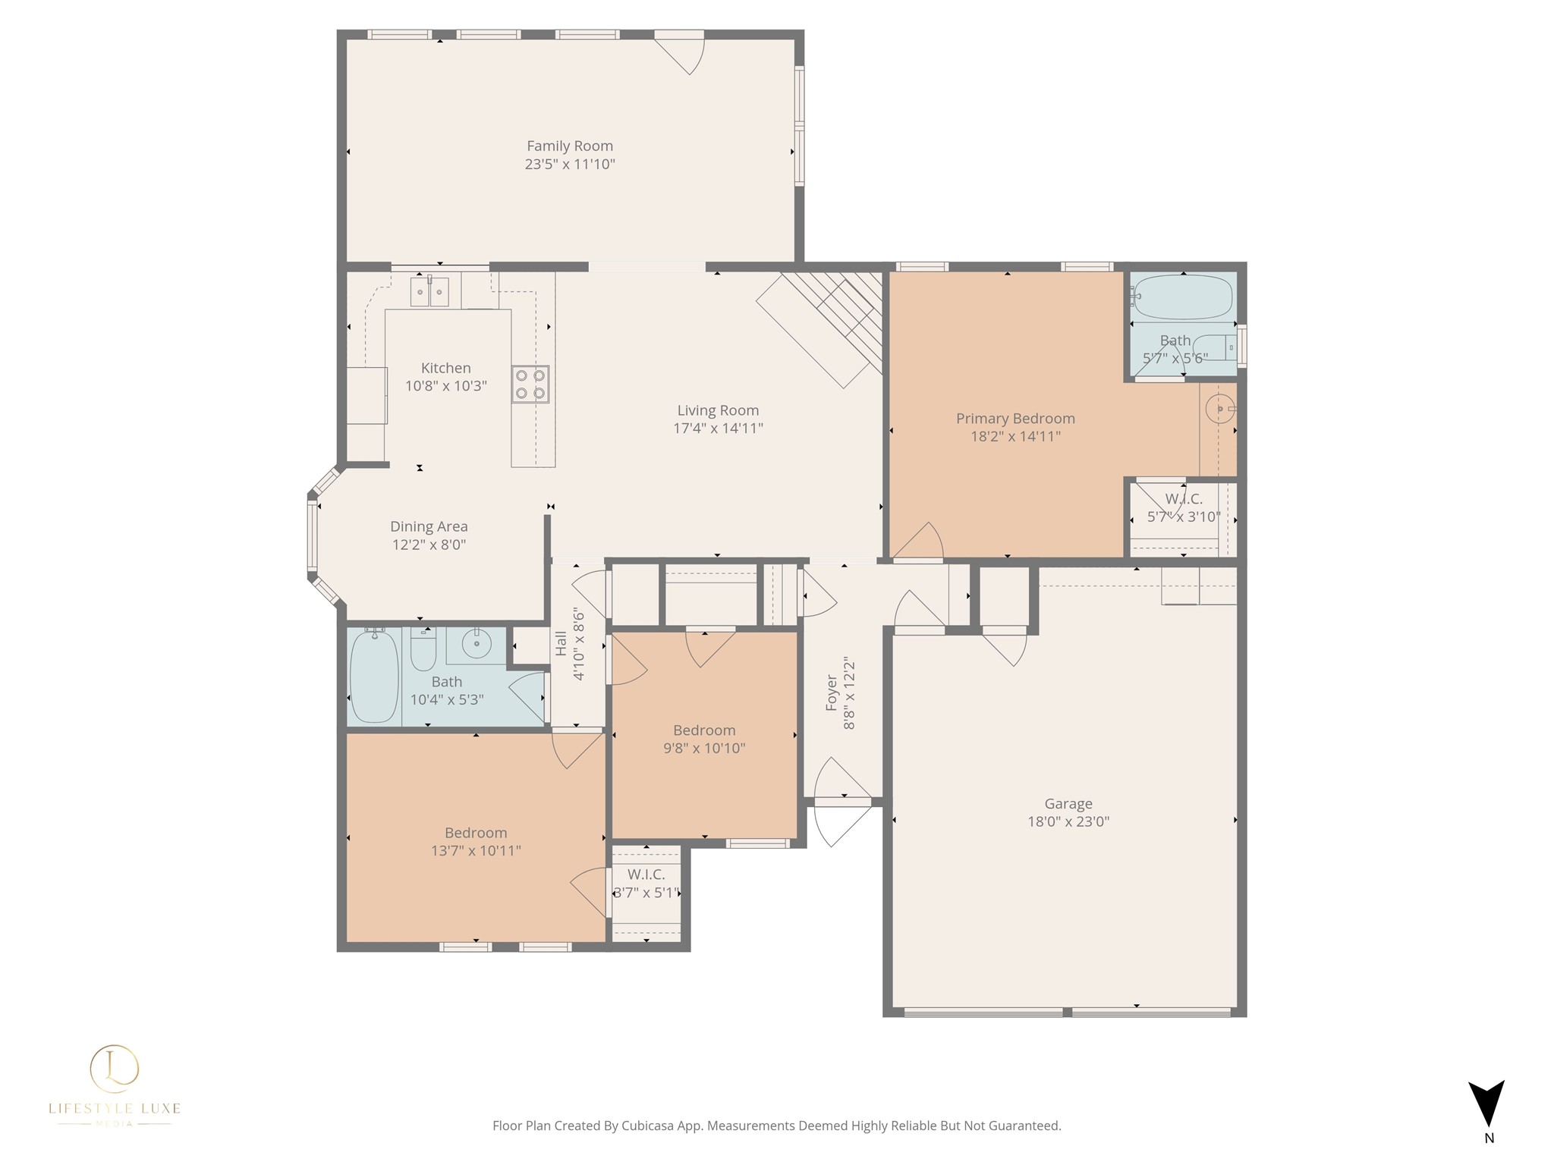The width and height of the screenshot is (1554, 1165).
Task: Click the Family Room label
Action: click(570, 146)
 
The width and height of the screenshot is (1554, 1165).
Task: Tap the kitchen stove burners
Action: click(530, 384)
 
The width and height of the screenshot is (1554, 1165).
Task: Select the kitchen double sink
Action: click(429, 291)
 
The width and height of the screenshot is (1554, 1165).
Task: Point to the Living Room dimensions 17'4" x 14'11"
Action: click(718, 429)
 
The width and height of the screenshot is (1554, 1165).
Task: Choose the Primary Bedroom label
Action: click(1015, 419)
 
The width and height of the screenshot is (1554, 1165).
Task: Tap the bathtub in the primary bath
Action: click(1183, 297)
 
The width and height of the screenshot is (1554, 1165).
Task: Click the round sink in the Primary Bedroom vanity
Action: click(1219, 409)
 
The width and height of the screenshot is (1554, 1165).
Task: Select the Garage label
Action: click(1068, 804)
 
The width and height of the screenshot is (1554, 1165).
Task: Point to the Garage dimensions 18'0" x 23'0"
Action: click(1068, 821)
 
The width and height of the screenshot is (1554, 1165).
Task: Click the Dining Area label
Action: click(429, 526)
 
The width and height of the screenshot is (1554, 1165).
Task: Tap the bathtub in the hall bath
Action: click(375, 677)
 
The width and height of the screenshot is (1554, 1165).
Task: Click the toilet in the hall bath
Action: click(423, 649)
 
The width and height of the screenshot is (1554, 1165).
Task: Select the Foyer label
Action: click(832, 693)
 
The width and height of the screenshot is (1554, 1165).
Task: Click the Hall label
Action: click(561, 644)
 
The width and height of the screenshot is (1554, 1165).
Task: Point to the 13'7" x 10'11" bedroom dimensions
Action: click(476, 851)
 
